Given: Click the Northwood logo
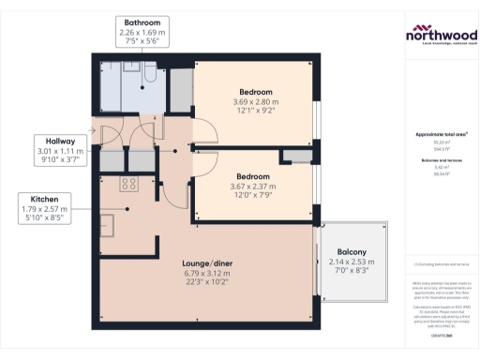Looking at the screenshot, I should point(441,36).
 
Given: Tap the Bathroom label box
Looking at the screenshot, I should point(140,32).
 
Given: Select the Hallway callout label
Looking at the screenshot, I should point(61,150).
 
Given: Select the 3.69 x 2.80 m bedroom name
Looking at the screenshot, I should point(255,92).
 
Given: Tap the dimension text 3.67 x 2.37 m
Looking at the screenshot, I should point(253,186).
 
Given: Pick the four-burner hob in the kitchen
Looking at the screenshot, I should point(128,185).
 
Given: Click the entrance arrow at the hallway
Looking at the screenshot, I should point(93,130).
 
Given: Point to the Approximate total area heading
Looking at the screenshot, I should point(441,134).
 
